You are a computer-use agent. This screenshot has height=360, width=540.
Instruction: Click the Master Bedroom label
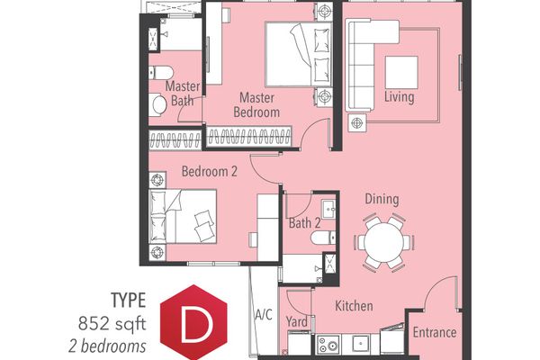tap(256, 104)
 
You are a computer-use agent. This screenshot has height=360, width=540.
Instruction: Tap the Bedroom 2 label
tap(210, 171)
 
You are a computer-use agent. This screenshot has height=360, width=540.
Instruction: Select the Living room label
tap(399, 97)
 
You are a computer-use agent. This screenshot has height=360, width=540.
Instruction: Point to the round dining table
tap(383, 242)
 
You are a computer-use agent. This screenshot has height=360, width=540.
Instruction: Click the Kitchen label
tap(354, 306)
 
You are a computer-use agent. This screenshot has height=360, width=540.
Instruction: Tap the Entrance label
tap(435, 332)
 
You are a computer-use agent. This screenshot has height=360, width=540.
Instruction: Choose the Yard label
tap(297, 322)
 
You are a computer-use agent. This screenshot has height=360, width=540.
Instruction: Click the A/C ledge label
tap(264, 314)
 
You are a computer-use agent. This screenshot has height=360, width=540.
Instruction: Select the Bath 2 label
tap(305, 223)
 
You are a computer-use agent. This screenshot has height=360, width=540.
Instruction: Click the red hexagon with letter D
tap(193, 322)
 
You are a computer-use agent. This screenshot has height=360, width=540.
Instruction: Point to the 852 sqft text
tap(112, 324)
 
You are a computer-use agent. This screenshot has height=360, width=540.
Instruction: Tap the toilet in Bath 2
tap(323, 238)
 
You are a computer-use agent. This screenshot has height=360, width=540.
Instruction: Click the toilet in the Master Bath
tap(160, 73)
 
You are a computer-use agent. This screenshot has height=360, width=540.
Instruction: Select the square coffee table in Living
tap(401, 73)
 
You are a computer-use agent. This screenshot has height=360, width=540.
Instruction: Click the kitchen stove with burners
tap(328, 345)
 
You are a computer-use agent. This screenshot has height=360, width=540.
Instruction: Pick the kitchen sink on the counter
tap(361, 344)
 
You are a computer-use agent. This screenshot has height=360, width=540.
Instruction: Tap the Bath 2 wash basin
tap(328, 209)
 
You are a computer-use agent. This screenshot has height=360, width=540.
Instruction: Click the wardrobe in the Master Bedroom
tap(248, 137)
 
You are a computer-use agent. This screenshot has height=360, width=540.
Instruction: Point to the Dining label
tap(382, 200)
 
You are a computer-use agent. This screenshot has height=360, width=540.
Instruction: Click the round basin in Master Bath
tap(158, 104)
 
